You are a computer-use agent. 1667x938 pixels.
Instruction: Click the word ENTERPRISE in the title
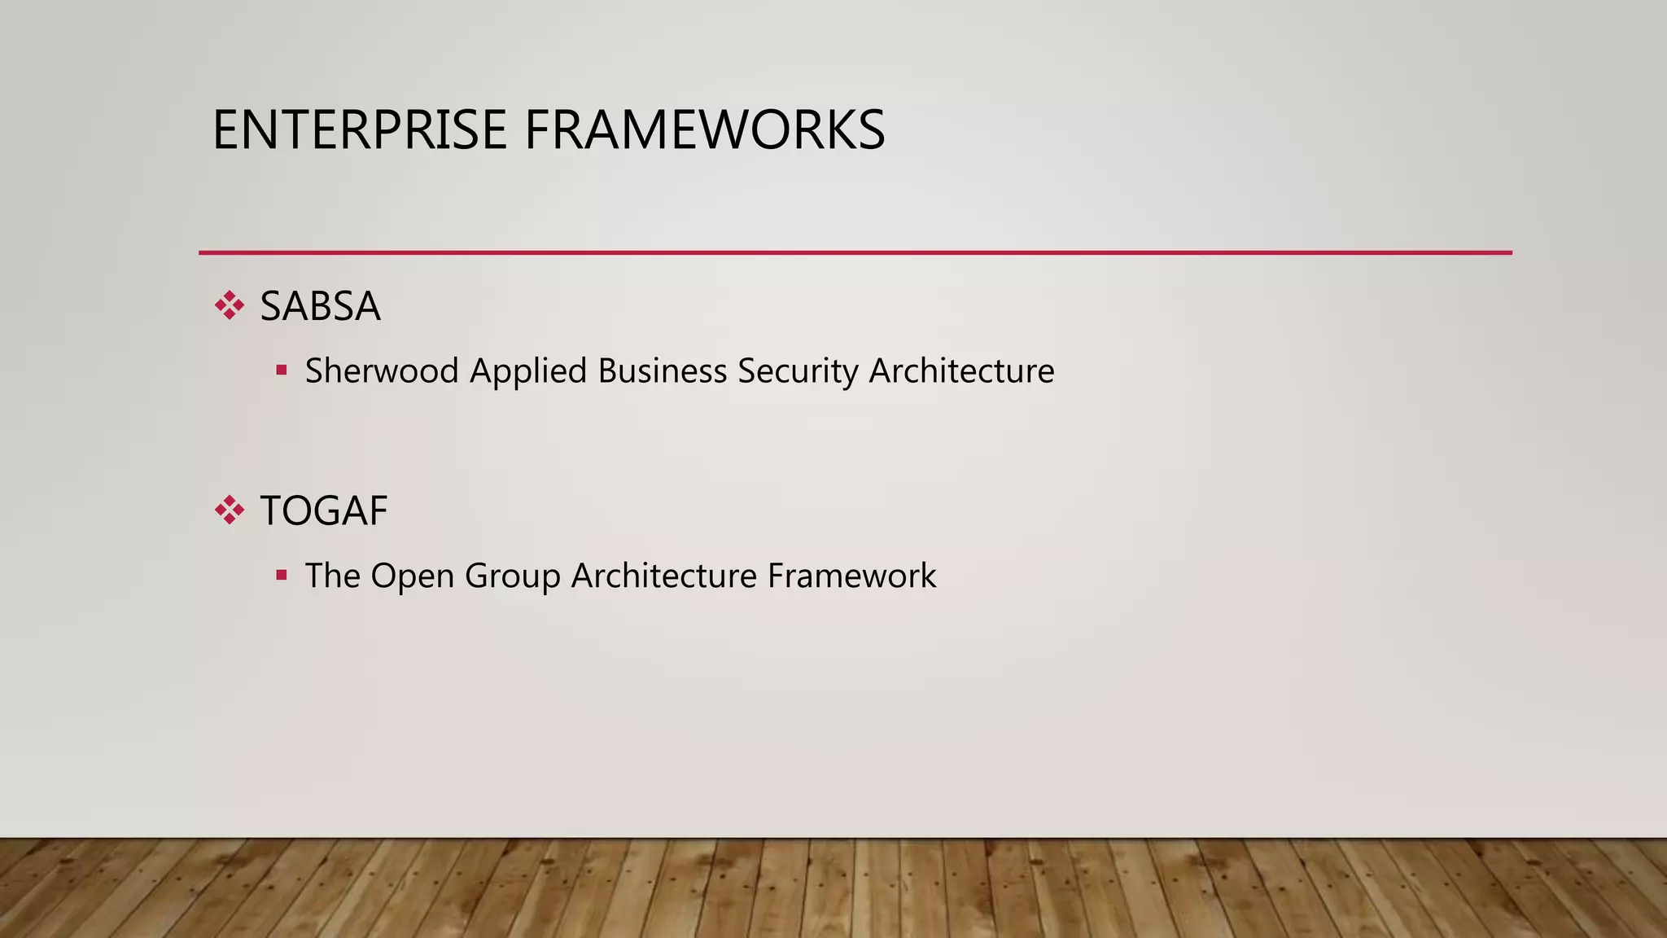coord(359,130)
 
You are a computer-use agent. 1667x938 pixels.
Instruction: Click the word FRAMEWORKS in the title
coord(704,130)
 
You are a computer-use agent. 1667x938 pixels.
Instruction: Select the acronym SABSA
coord(320,307)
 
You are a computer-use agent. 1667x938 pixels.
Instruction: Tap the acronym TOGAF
coord(323,511)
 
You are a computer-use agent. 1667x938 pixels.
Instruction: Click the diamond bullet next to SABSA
coord(230,306)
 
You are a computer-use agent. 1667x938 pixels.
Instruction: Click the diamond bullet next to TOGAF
coord(230,511)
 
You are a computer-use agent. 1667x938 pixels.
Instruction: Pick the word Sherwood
coord(382,370)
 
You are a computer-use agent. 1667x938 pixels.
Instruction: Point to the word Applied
coord(528,372)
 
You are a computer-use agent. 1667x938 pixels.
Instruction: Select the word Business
coord(662,370)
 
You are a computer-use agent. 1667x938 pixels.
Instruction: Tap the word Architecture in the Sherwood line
coord(961,370)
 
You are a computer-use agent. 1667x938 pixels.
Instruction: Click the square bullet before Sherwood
coord(282,370)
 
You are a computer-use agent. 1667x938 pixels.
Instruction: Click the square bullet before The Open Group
coord(282,576)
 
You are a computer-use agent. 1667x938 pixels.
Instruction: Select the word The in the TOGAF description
coord(332,576)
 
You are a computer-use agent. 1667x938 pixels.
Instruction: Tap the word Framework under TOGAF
coord(851,576)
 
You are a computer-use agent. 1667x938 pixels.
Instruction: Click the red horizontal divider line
coord(855,252)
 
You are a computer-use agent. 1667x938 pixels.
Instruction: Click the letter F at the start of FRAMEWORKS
coord(536,130)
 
